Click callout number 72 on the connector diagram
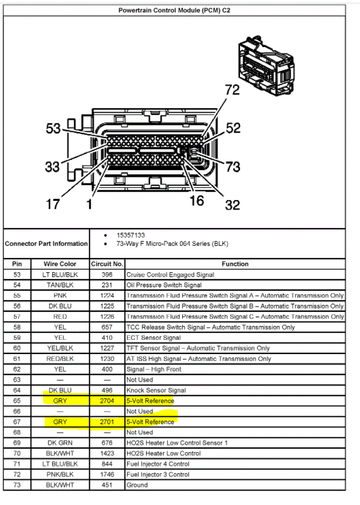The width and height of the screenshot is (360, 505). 232,89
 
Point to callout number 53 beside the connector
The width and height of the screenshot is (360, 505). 53,129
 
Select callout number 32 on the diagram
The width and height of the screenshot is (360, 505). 232,205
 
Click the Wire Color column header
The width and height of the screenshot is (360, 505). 59,264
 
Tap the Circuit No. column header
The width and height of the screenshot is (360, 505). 107,264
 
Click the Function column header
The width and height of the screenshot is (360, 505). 235,264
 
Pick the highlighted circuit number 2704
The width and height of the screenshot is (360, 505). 107,401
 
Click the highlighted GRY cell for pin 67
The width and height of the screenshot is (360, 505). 59,422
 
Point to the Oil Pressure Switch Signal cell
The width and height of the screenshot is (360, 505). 164,285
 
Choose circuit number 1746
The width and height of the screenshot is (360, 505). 107,474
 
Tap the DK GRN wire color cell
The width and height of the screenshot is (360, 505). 59,443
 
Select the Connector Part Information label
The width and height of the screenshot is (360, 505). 46,244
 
